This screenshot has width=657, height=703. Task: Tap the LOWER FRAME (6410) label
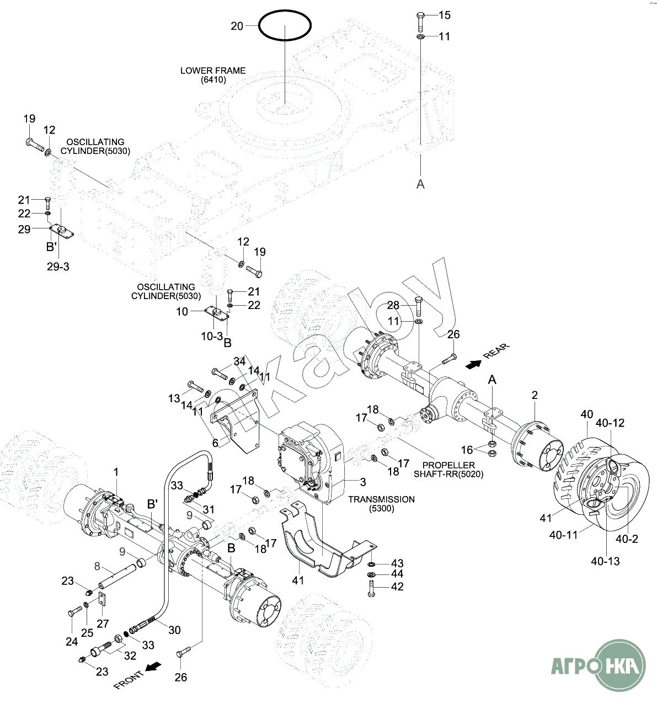click(213, 75)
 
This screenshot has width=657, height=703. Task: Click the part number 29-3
click(58, 267)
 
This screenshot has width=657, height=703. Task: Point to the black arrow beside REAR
click(473, 364)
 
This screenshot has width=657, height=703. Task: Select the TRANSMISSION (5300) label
click(381, 503)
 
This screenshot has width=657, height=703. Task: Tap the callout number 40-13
click(605, 561)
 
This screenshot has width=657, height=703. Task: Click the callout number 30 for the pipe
click(174, 630)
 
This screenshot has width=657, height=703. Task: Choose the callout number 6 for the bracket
click(216, 443)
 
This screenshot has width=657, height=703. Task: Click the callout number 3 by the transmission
click(363, 482)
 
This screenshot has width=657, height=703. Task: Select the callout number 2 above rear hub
click(535, 395)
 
